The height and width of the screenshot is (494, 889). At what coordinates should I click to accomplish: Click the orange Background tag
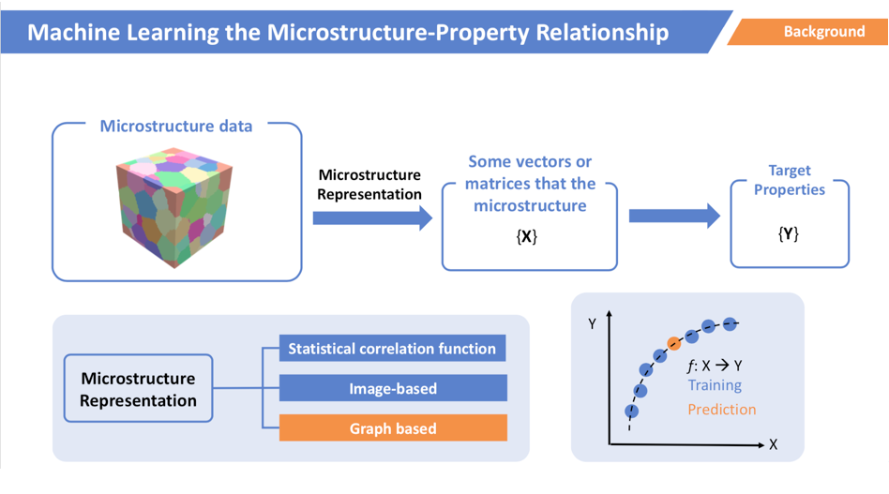809,32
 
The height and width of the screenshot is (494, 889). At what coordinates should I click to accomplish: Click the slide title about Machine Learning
348,32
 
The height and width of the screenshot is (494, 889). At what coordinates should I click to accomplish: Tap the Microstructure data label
175,126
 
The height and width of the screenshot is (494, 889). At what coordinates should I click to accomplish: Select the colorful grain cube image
174,207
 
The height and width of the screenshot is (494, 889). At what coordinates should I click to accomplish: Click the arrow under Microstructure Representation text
372,218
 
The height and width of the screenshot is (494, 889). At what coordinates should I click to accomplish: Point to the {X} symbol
527,236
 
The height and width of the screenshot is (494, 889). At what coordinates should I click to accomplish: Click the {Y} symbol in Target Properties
788,233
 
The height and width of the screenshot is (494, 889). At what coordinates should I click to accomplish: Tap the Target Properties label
790,180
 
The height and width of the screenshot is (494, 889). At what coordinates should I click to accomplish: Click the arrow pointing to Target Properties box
674,216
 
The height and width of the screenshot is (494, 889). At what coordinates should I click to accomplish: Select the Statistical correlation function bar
392,349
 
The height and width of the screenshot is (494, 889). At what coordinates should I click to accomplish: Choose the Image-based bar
393,388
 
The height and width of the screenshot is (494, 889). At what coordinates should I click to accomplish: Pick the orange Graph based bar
393,427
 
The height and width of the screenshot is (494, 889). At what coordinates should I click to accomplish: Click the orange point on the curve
673,343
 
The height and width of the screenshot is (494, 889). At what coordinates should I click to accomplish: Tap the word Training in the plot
715,385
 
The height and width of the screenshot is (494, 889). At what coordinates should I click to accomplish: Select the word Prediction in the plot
722,409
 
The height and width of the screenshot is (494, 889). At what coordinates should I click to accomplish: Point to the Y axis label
592,323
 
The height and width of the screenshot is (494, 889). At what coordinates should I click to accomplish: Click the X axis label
773,444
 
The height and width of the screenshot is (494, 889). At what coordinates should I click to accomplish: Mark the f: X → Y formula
715,366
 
